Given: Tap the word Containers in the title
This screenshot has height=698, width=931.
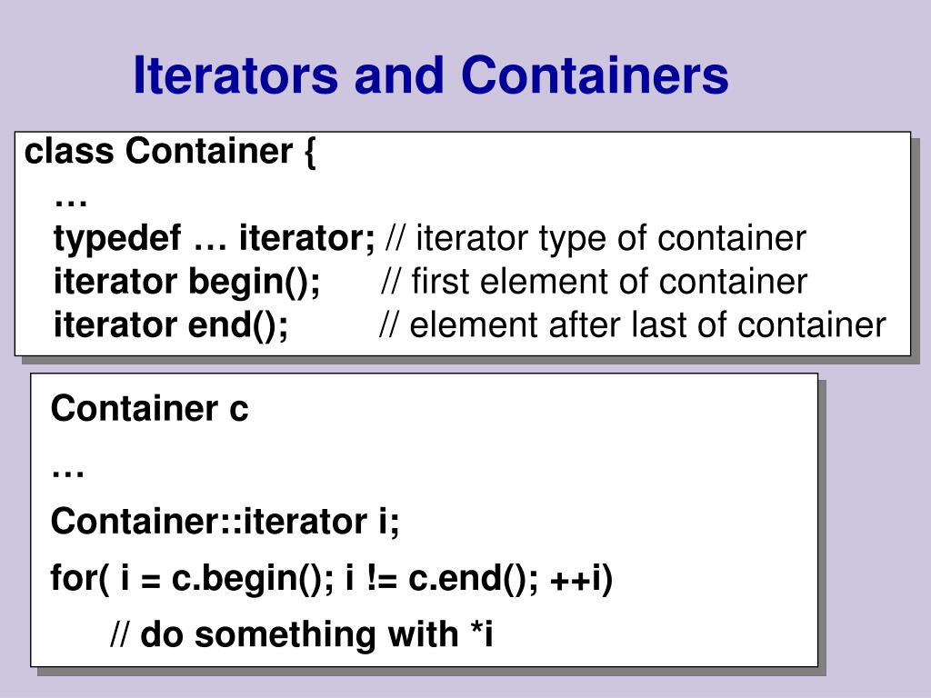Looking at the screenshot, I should [x=595, y=76].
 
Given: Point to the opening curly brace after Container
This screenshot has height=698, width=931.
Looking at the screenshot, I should [x=309, y=153].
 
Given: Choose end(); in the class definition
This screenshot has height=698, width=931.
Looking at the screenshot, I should [x=238, y=324].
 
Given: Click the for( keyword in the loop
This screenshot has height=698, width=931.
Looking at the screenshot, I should [x=80, y=578].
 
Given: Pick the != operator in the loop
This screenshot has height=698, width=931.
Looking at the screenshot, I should [x=382, y=578].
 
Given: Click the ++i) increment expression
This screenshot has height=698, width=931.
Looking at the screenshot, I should [x=581, y=578].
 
